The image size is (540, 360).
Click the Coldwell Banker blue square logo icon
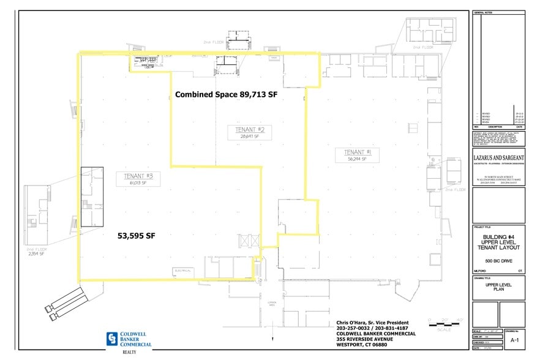(111, 338)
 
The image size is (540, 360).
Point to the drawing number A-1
(516, 338)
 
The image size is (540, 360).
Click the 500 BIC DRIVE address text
(499, 261)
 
